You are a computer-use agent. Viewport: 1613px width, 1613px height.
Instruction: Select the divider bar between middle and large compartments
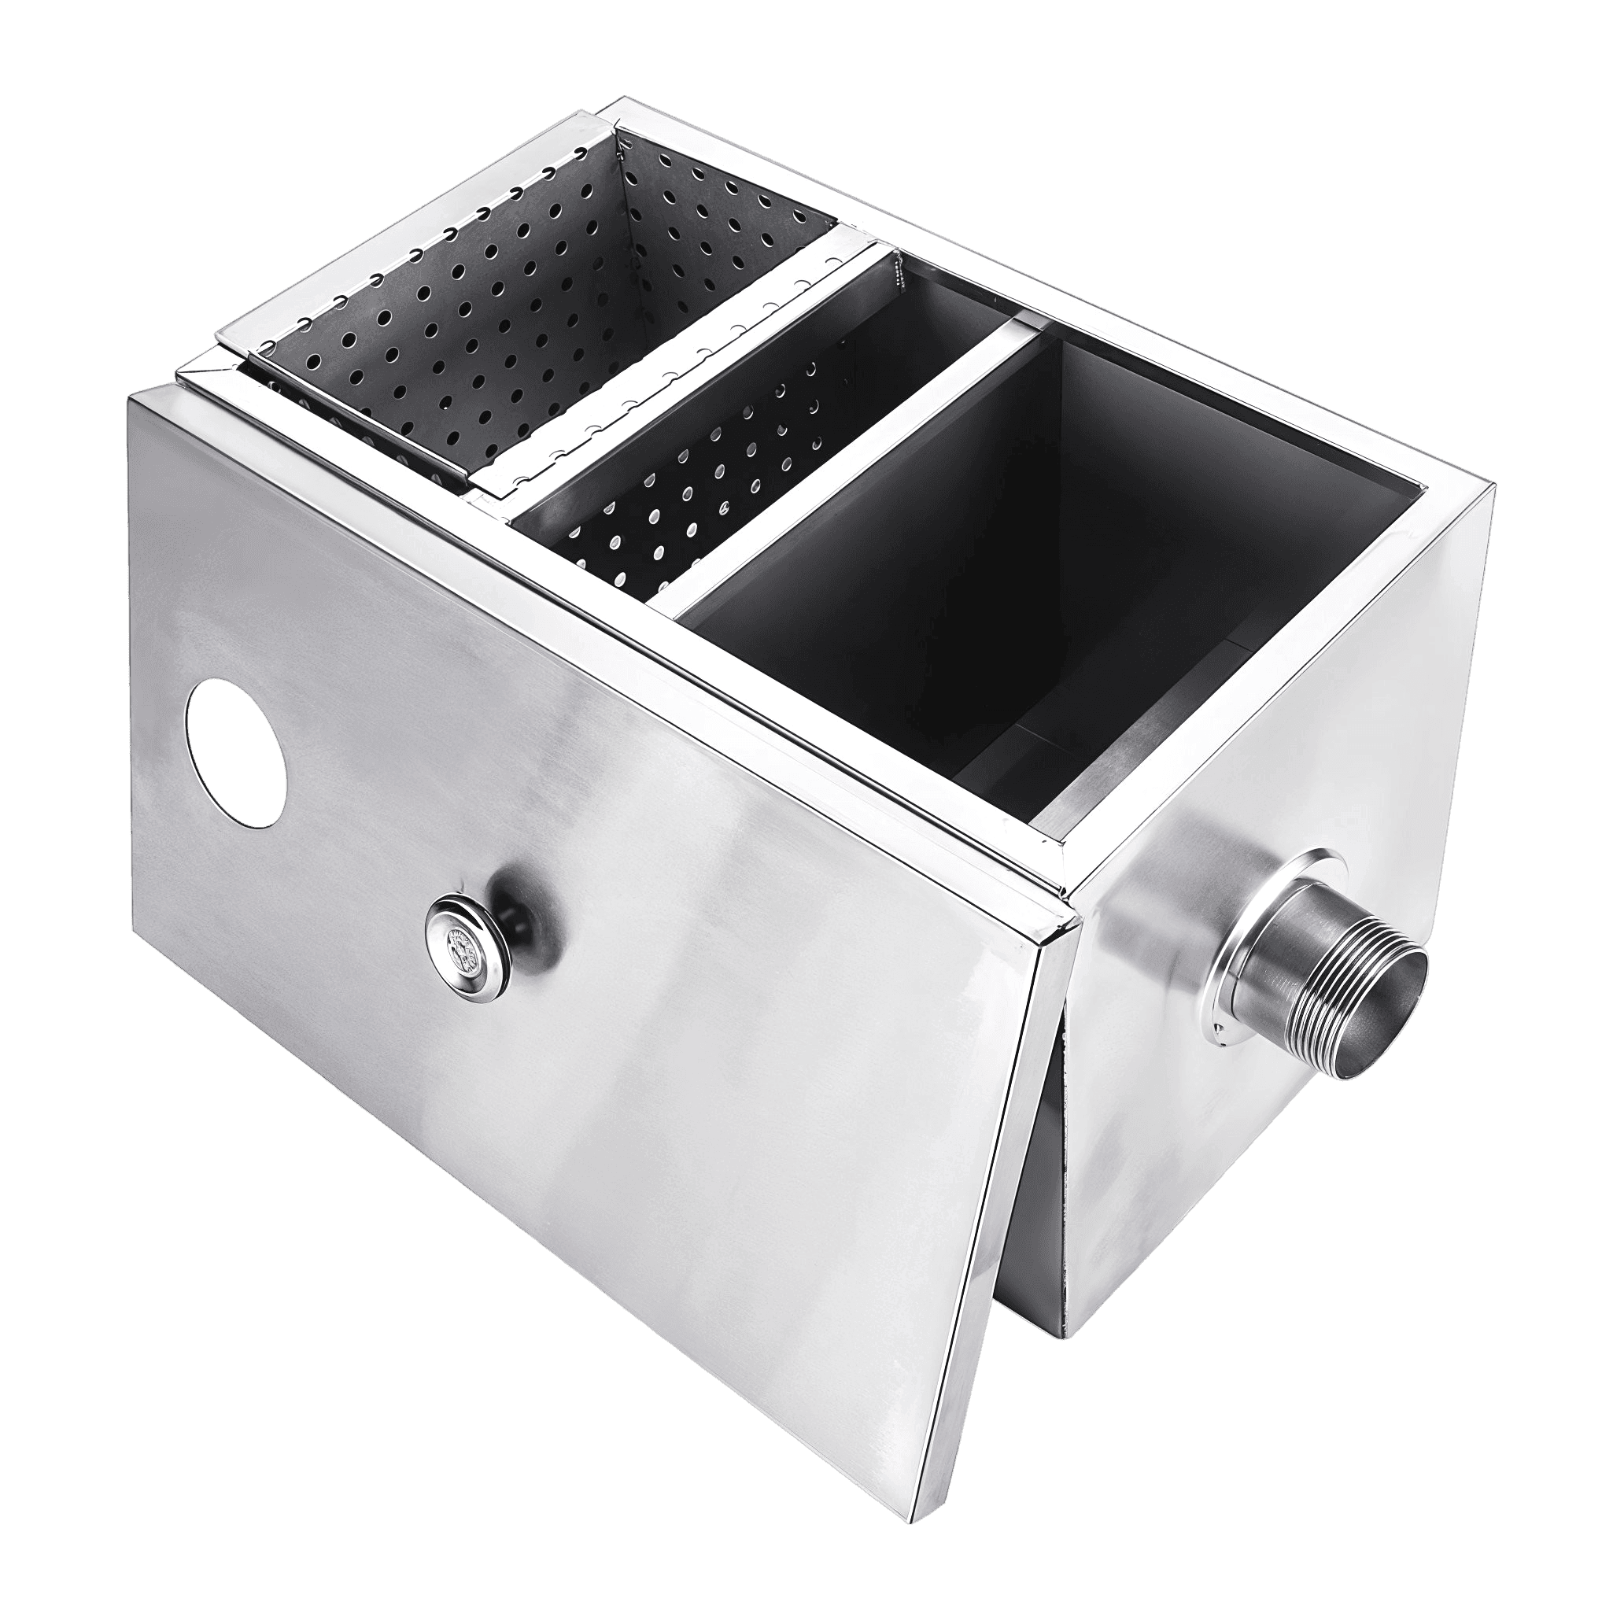coord(835,467)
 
